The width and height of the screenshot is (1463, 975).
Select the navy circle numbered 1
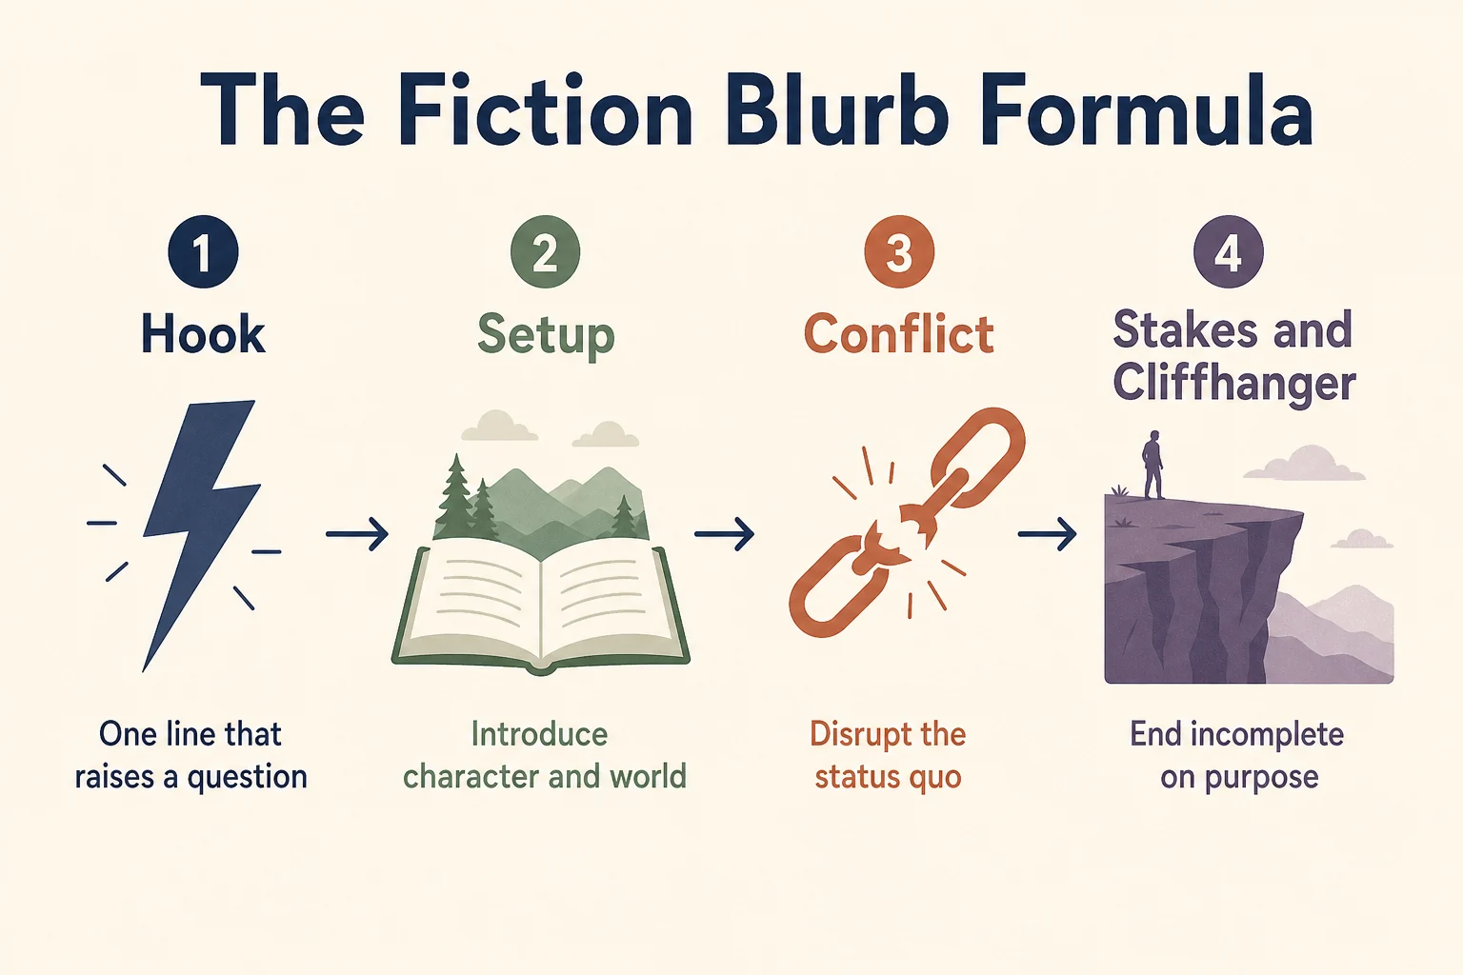pos(203,252)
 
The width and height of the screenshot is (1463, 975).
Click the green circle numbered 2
pos(546,252)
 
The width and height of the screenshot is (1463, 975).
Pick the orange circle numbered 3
pos(899,252)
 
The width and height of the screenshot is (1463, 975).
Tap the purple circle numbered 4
pos(1229,252)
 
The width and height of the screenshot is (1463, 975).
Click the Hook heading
pos(203,333)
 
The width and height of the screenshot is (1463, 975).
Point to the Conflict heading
pos(899,333)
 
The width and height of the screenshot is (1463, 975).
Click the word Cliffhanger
pos(1234,384)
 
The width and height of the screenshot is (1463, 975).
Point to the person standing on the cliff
pos(1152,465)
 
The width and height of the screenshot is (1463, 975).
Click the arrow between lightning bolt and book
pos(357,534)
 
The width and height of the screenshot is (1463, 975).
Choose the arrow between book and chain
pos(724,534)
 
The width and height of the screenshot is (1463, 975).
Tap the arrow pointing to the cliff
pos(1047,534)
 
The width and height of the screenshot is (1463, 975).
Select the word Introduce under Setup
pos(539,734)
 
